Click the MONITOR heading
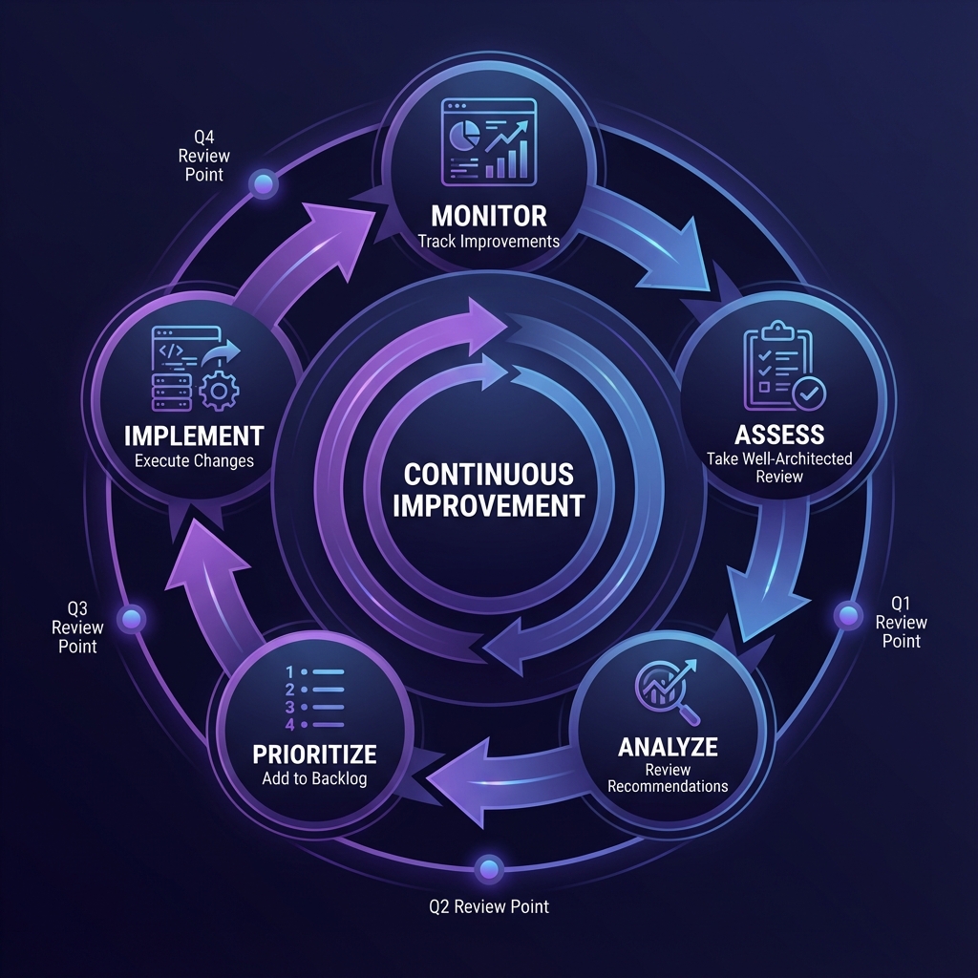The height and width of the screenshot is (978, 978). (488, 214)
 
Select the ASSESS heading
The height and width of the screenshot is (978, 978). (779, 435)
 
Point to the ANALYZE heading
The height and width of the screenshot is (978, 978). (668, 745)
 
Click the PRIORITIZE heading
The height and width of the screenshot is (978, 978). (314, 754)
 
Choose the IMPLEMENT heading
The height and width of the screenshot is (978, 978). (194, 436)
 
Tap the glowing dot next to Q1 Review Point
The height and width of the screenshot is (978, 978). (847, 616)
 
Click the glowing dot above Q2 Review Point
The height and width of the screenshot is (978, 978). (489, 867)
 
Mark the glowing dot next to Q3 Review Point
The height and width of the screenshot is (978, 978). (131, 618)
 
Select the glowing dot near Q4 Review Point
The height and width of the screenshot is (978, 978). (263, 182)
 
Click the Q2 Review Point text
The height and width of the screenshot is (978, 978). (489, 906)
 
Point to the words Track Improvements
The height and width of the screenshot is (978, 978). (488, 241)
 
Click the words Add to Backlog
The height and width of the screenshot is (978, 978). (314, 778)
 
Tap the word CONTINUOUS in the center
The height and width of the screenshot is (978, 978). (488, 474)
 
